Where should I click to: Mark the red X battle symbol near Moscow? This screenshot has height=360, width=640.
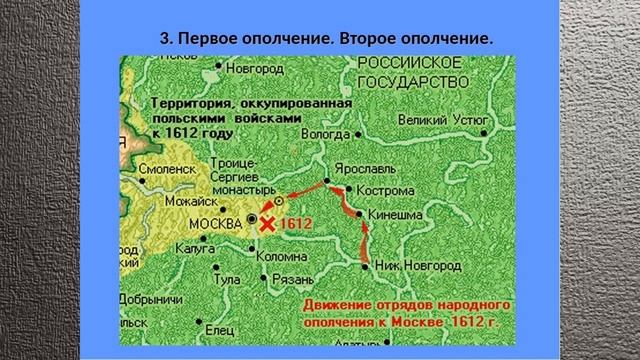pos(266,225)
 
